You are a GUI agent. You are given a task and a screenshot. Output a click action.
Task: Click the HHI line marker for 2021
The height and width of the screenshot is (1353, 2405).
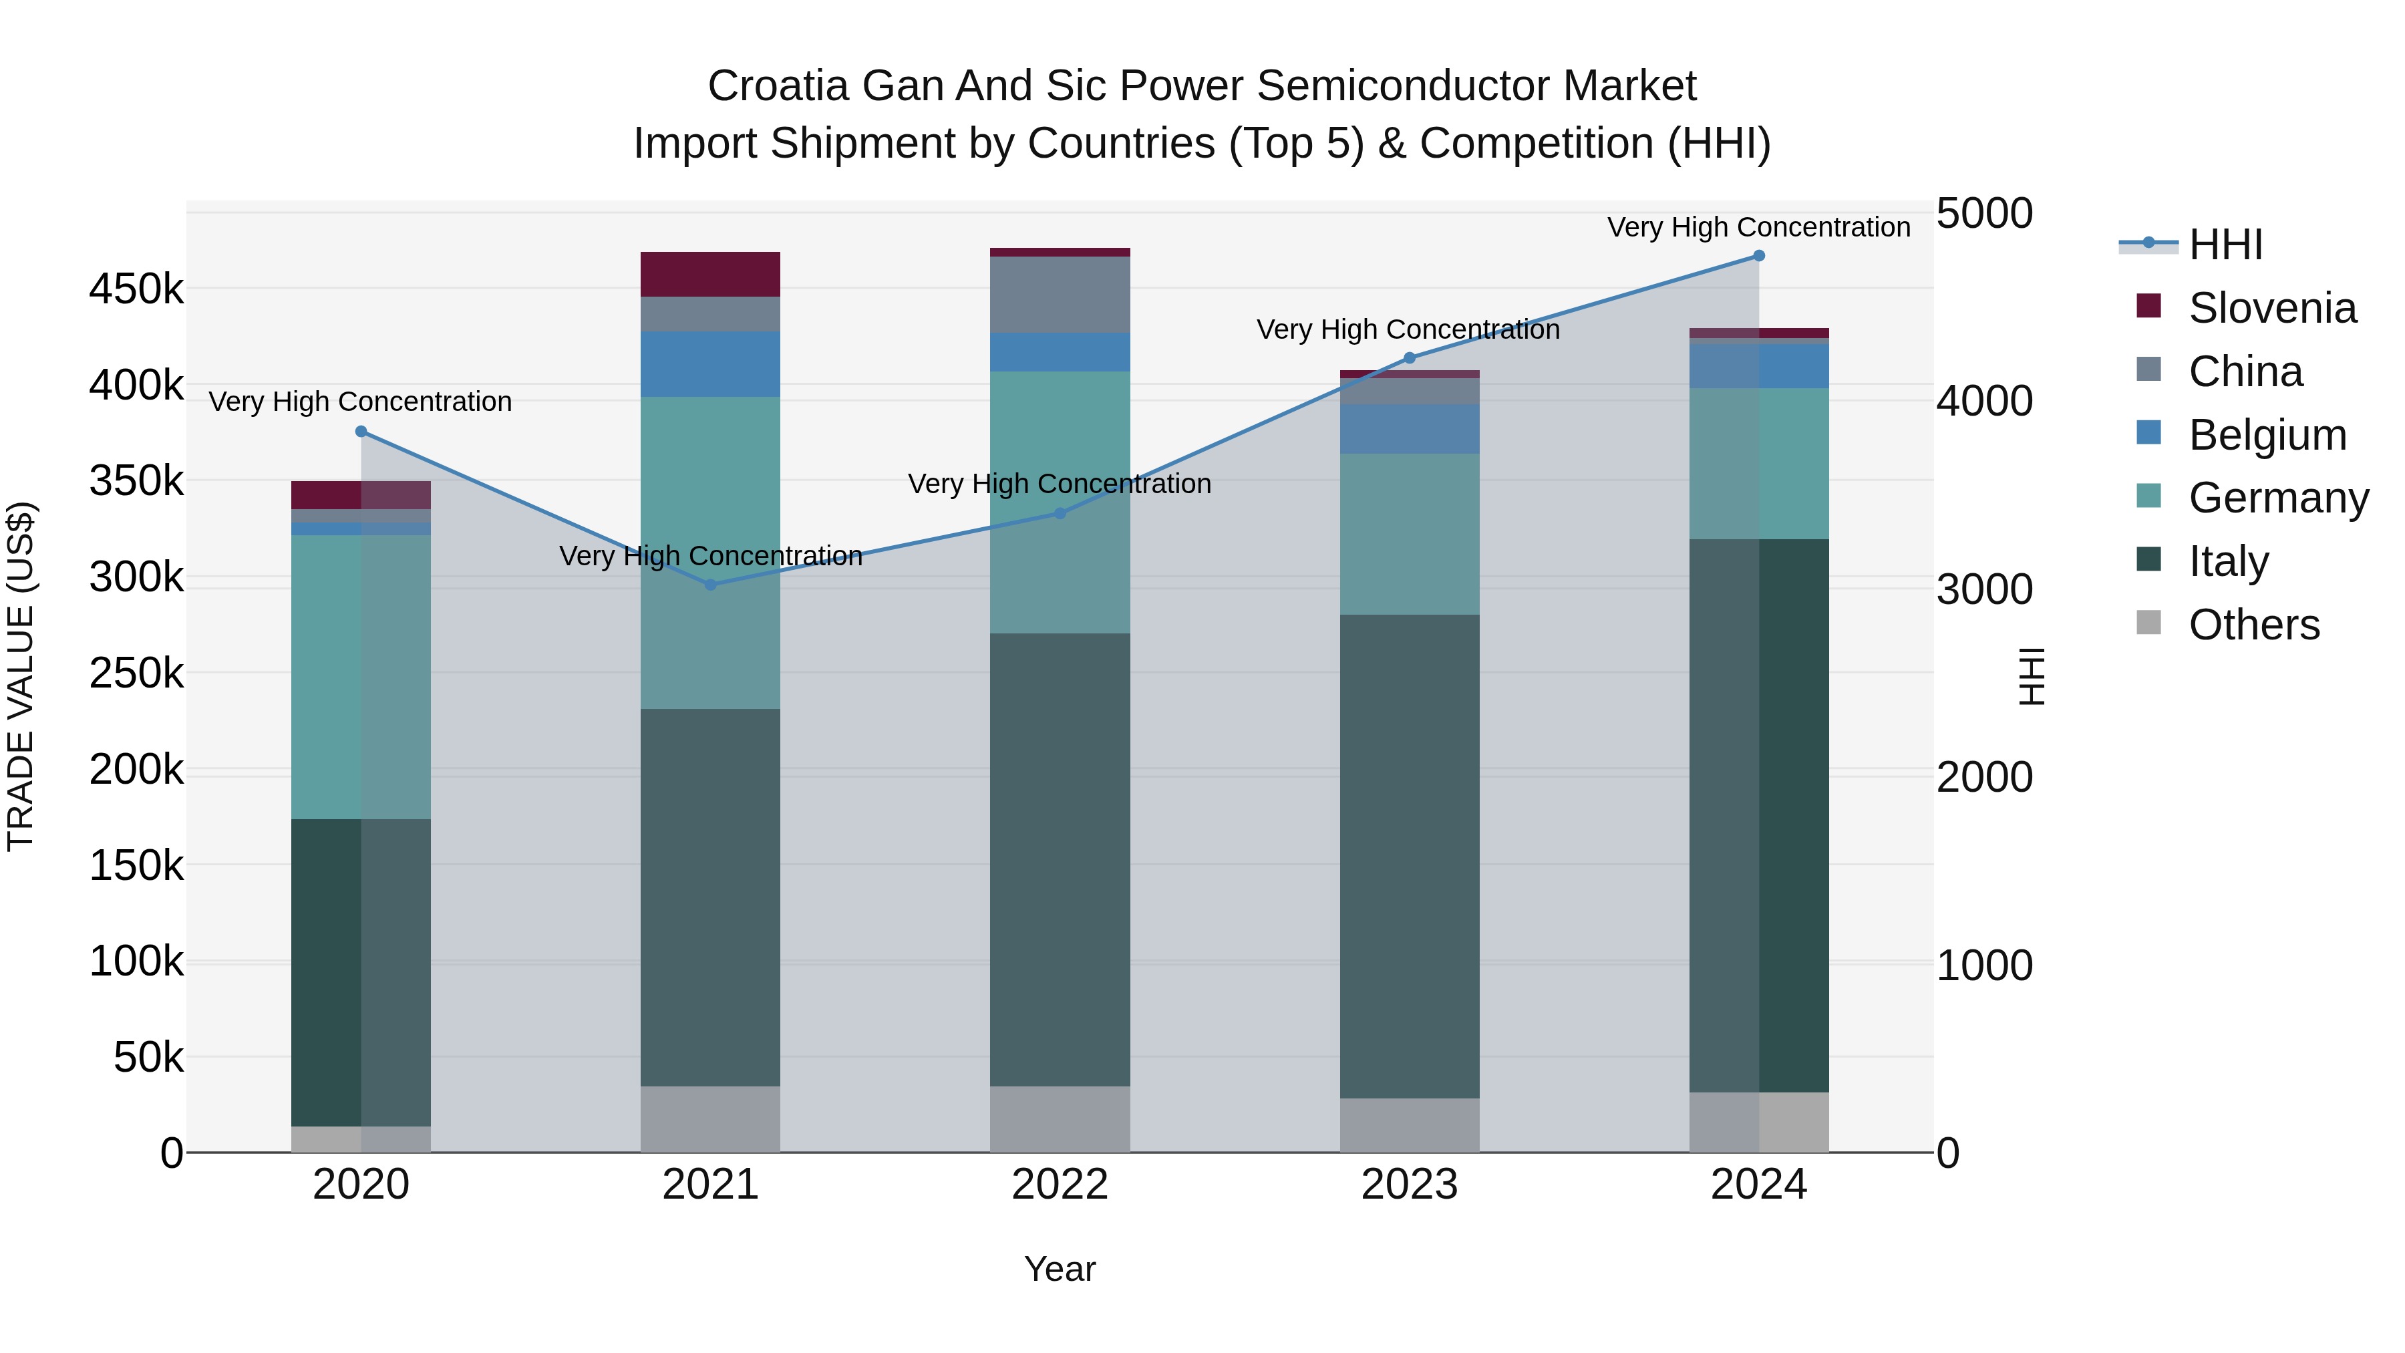(x=711, y=585)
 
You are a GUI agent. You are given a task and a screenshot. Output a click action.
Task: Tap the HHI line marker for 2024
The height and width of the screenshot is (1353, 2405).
(x=1759, y=256)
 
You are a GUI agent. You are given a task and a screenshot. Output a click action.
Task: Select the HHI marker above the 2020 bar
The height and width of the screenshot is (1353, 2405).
(x=361, y=432)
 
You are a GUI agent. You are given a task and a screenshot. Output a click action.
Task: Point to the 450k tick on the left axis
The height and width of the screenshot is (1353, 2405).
(x=136, y=289)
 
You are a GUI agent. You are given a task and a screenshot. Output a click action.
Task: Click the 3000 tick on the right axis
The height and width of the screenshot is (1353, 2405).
(x=1984, y=589)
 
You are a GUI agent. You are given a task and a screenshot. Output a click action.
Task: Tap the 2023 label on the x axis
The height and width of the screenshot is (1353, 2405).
(x=1409, y=1185)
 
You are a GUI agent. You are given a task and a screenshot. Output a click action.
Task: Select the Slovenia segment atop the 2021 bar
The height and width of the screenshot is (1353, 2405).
(x=711, y=275)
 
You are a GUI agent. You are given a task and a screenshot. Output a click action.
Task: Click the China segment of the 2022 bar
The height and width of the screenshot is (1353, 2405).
(x=1060, y=294)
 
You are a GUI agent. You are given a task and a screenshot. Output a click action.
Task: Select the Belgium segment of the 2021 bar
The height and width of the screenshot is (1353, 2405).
(x=711, y=364)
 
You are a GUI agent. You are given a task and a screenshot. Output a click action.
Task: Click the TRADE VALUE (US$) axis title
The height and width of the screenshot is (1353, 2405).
(x=21, y=676)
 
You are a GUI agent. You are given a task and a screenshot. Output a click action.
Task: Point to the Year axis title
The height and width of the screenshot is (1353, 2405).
(x=1060, y=1269)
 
